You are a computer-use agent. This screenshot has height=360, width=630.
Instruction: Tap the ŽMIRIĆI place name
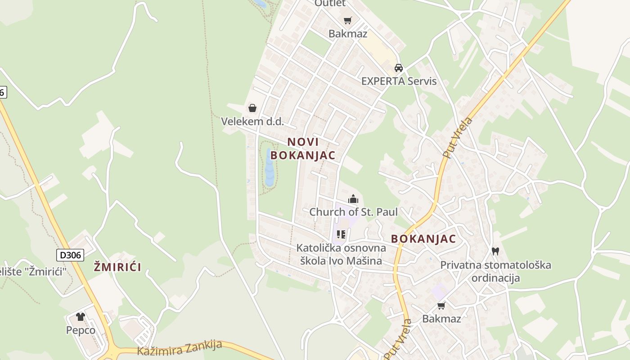click(x=117, y=267)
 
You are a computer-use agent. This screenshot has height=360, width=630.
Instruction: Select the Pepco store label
click(x=81, y=330)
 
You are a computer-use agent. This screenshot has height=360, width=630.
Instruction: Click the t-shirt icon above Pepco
click(x=81, y=317)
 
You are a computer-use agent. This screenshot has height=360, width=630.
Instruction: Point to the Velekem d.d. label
click(x=252, y=121)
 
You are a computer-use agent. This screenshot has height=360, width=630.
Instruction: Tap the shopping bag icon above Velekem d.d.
click(x=252, y=108)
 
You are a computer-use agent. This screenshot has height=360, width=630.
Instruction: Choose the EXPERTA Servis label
click(x=399, y=81)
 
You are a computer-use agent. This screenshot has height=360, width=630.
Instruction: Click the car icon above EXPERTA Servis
click(x=398, y=68)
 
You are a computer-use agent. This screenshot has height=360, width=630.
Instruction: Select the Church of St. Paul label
click(x=353, y=212)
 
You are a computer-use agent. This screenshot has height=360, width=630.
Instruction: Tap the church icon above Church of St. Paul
click(x=353, y=198)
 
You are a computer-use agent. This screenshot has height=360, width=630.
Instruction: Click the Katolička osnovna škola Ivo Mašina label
click(x=341, y=254)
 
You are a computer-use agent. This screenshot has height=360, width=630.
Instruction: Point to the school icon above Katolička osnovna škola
click(x=341, y=234)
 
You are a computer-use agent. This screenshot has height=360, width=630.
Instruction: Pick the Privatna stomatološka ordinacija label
click(x=495, y=271)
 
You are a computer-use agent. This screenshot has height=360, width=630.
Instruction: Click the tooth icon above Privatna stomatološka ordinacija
click(x=495, y=251)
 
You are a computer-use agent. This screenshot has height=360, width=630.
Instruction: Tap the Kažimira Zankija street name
click(x=180, y=348)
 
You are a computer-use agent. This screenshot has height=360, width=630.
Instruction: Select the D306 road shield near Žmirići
click(x=70, y=255)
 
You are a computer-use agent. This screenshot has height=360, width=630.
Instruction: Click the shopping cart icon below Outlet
click(x=347, y=20)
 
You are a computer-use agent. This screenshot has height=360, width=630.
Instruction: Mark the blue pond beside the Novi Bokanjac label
click(x=269, y=169)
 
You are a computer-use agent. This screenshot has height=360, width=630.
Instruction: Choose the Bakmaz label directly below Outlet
click(x=347, y=34)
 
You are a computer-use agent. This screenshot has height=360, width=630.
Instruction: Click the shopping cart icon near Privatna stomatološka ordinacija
click(x=441, y=306)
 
